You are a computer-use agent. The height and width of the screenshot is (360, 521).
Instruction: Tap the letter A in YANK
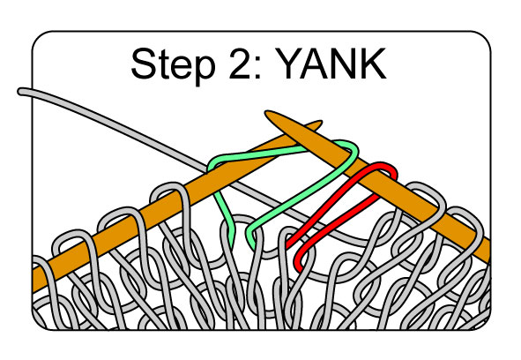pyautogui.click(x=315, y=64)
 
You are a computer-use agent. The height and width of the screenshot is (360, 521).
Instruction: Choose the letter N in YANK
pyautogui.click(x=346, y=64)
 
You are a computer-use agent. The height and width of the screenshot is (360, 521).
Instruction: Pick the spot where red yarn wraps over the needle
pyautogui.click(x=384, y=168)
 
